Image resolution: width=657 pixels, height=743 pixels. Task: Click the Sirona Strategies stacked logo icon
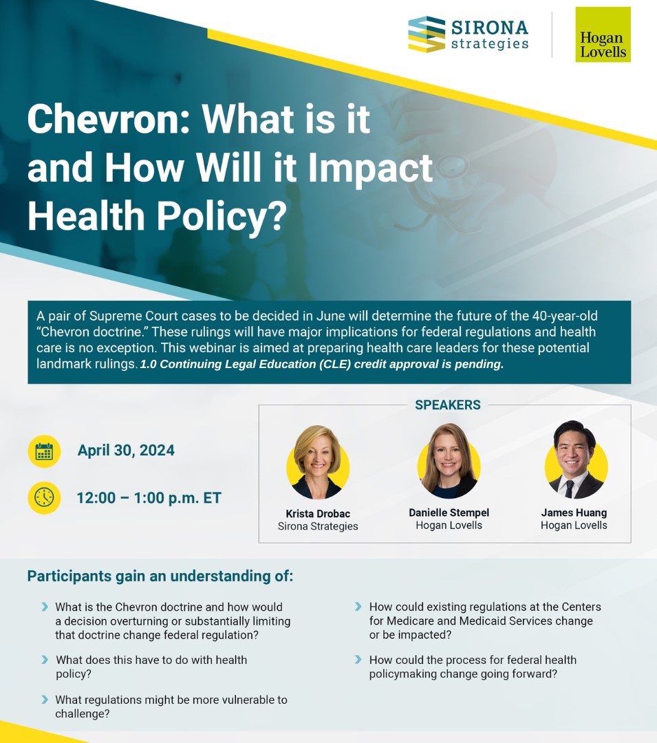(x=427, y=34)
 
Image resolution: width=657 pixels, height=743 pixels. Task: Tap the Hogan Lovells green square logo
(x=603, y=34)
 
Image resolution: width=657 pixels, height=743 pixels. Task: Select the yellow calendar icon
(x=44, y=451)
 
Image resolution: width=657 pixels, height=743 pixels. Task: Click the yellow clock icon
(x=44, y=497)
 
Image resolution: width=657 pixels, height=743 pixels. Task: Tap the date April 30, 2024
(x=126, y=450)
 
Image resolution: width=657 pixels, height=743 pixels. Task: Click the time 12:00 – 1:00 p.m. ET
(x=149, y=498)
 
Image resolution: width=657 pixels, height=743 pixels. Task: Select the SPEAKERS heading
(x=448, y=405)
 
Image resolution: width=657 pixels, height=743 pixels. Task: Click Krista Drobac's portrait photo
(x=318, y=462)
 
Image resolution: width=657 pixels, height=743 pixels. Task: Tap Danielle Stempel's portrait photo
(x=449, y=461)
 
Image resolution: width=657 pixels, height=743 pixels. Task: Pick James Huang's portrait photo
(x=576, y=460)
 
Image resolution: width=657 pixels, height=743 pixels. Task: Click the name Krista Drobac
(x=318, y=514)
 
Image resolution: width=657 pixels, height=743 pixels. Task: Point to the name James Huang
(x=574, y=513)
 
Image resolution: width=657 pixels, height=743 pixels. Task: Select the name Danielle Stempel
(x=449, y=513)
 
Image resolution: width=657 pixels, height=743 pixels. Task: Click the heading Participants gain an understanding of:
(x=160, y=577)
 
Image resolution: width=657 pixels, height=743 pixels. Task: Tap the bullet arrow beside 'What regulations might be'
(x=45, y=700)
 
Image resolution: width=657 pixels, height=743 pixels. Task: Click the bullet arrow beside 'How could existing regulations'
(x=358, y=607)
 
